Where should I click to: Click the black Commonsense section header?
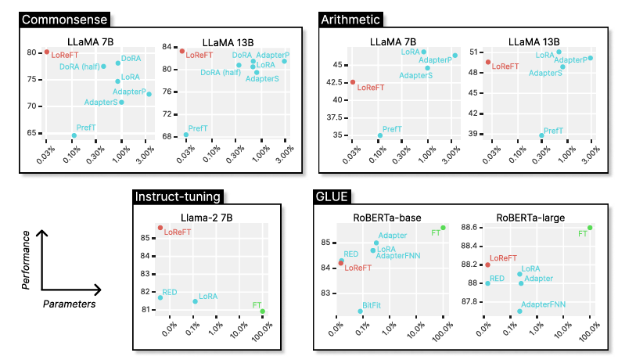pyautogui.click(x=64, y=19)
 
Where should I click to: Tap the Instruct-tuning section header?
pyautogui.click(x=178, y=196)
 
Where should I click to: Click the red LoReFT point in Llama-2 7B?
pyautogui.click(x=160, y=228)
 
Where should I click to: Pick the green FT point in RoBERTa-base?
pyautogui.click(x=443, y=228)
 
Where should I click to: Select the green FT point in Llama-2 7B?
pyautogui.click(x=263, y=311)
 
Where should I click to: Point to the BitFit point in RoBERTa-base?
pyautogui.click(x=361, y=311)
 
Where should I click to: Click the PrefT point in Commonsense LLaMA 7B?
pyautogui.click(x=74, y=135)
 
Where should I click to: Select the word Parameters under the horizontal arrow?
pyautogui.click(x=69, y=303)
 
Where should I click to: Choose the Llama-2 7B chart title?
pyautogui.click(x=208, y=216)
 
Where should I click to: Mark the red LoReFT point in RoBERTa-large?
pyautogui.click(x=487, y=265)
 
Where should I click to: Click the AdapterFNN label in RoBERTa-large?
pyautogui.click(x=543, y=304)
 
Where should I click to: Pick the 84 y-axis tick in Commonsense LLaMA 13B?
pyautogui.click(x=167, y=47)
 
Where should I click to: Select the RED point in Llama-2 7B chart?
pyautogui.click(x=160, y=297)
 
